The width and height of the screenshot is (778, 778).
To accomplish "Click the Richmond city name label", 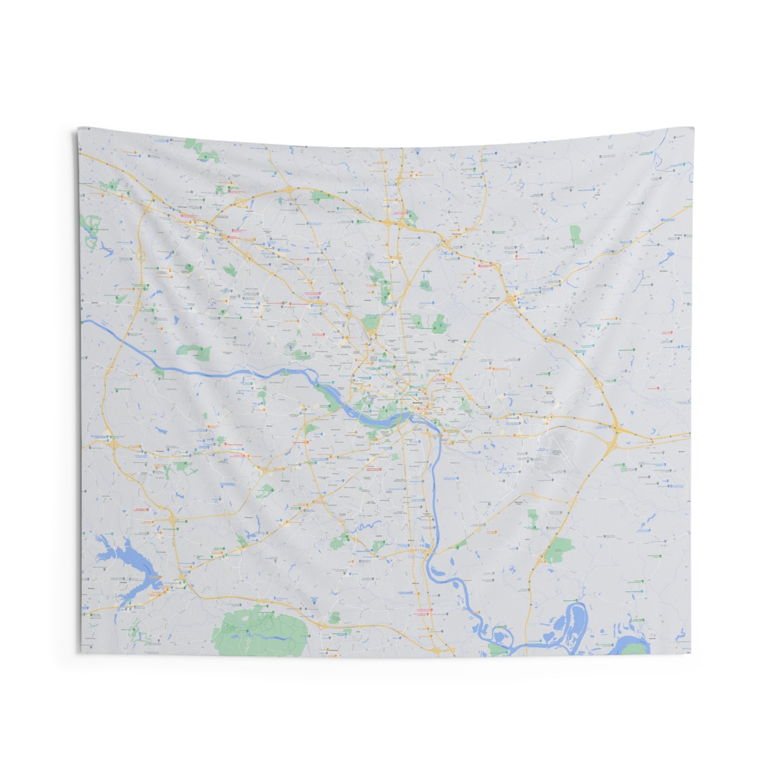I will coord(414,403).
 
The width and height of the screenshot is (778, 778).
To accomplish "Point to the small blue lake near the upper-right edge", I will coord(670,254).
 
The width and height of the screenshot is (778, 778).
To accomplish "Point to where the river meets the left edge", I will coord(82,322).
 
